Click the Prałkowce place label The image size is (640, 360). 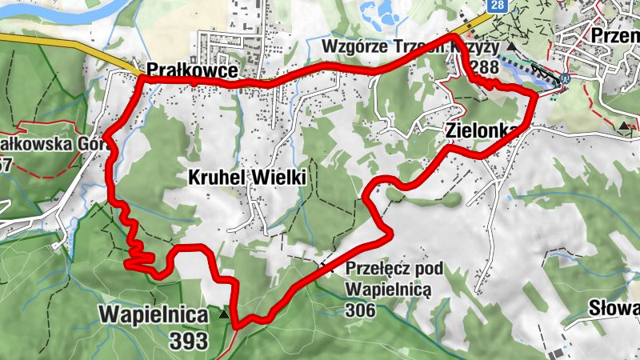[x=191, y=70]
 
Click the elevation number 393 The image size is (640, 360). [x=189, y=341]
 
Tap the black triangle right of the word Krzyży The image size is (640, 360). [x=510, y=47]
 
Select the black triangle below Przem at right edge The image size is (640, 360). [x=624, y=126]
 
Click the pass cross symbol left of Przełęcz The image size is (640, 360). [x=324, y=264]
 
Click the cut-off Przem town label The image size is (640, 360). [x=614, y=34]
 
